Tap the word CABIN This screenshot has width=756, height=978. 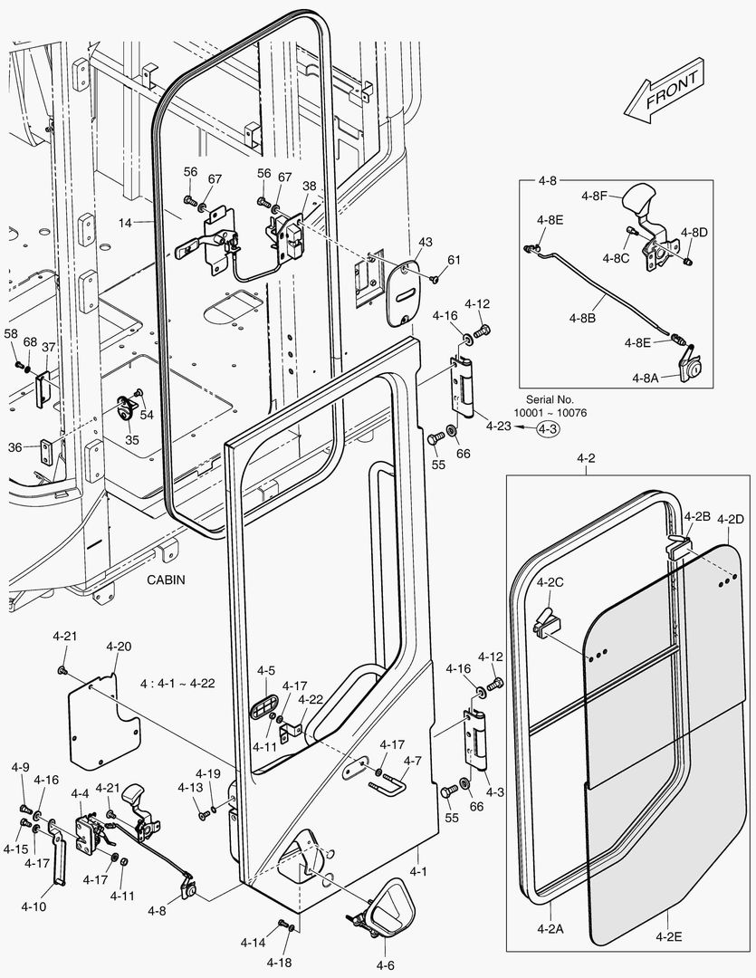pos(166,580)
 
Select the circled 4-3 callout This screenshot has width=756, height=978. pos(548,431)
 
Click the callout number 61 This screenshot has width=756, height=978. pos(454,261)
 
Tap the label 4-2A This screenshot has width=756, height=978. pos(550,927)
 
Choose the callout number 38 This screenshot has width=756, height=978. pos(310,186)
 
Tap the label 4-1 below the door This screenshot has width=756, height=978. pos(418,871)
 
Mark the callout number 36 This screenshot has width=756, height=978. pos(15,447)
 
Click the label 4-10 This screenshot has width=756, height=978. pos(34,906)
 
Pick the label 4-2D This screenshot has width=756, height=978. pos(730,519)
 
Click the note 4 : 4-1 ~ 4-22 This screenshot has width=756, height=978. pos(177,682)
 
